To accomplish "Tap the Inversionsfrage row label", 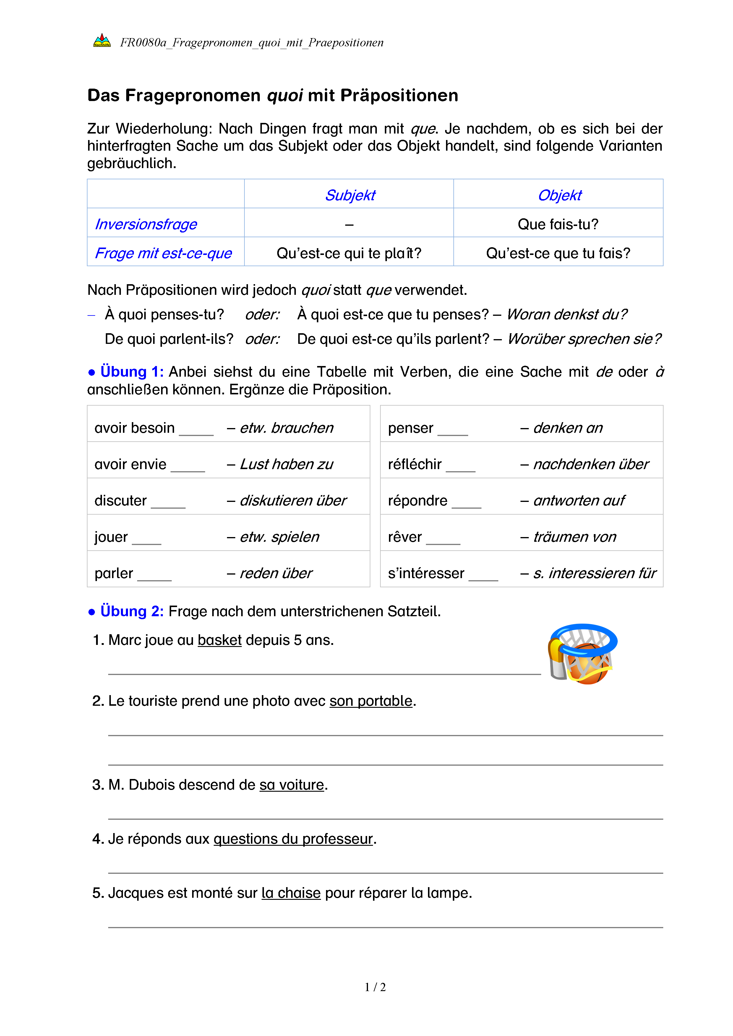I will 146,224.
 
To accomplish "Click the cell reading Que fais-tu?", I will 558,224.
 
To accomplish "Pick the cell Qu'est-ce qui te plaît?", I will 348,253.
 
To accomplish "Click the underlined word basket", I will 220,640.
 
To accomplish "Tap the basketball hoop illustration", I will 582,654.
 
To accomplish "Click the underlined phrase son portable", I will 371,701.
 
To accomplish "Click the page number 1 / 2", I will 375,987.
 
